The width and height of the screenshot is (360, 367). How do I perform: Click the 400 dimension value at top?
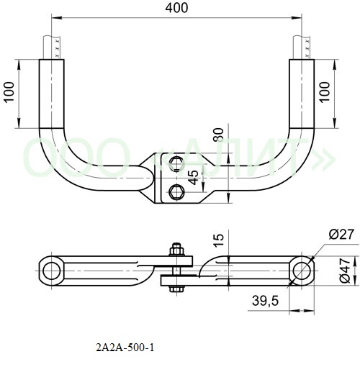(x=176, y=8)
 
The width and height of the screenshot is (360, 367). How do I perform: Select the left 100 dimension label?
(x=9, y=92)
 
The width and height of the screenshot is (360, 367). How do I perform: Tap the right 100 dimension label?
(x=325, y=92)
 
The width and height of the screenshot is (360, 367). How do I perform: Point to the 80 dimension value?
(x=219, y=135)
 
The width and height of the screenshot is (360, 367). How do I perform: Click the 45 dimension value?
(x=194, y=178)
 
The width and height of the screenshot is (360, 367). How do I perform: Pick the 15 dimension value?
(x=219, y=240)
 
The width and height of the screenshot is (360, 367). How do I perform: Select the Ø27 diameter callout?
(x=341, y=235)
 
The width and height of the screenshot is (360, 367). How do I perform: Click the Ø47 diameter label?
(x=346, y=271)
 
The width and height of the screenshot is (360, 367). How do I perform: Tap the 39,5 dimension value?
(x=265, y=301)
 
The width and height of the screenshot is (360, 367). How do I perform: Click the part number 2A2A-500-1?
(x=125, y=348)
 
